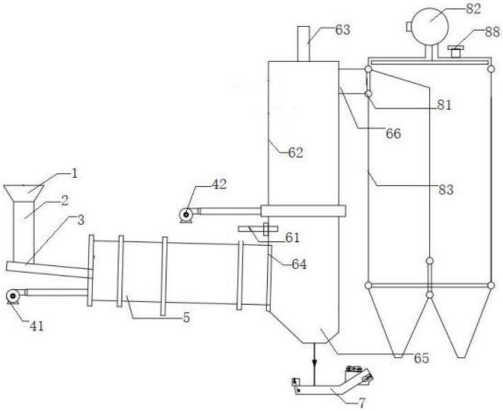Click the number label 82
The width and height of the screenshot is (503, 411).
tap(473, 9)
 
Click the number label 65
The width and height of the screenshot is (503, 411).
tap(421, 359)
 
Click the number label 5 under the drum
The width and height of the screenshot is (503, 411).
tap(187, 318)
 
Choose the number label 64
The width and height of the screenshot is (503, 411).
tap(299, 265)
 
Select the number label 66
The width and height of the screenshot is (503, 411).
tap(394, 134)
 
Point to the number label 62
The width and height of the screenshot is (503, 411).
tap(296, 152)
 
